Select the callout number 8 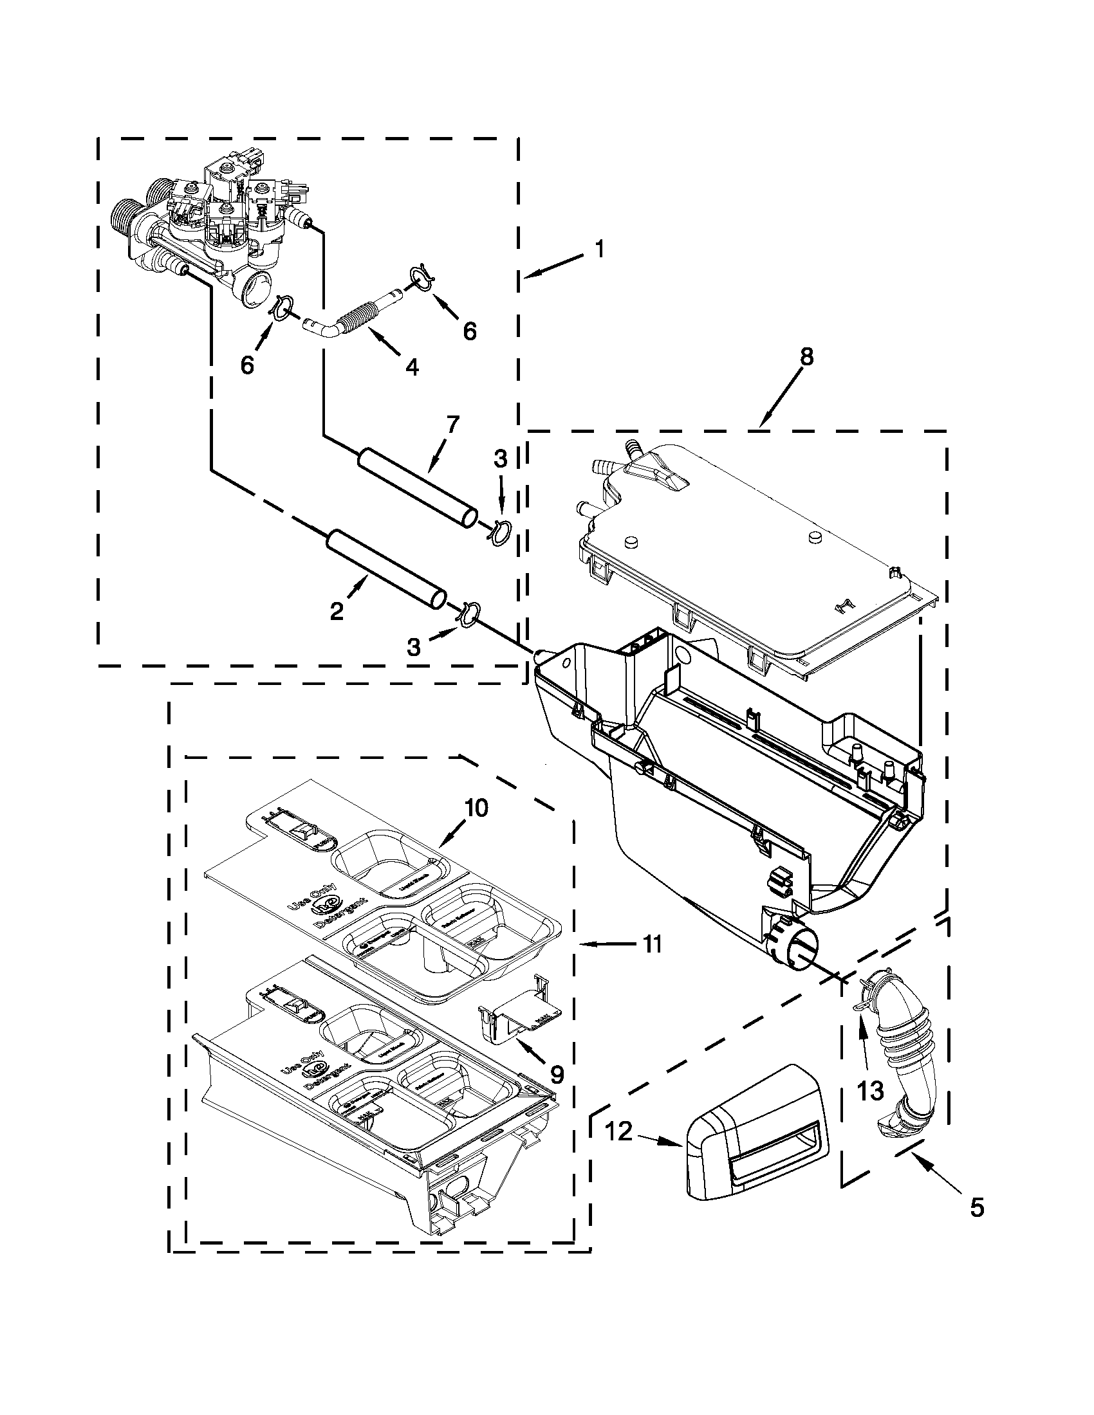coord(806,357)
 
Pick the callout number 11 coord(653,945)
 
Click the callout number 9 coord(555,1074)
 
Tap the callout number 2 coord(337,611)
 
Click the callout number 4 coord(411,367)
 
